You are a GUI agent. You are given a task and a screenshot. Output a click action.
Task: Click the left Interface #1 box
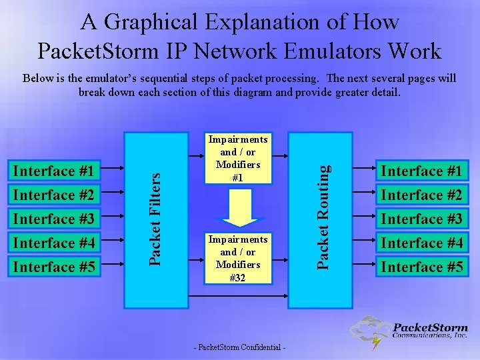point(54,171)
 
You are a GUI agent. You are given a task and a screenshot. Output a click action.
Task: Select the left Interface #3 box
point(54,219)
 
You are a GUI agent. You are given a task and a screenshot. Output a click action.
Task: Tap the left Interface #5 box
point(54,267)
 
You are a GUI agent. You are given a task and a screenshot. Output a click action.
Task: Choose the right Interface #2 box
point(421,195)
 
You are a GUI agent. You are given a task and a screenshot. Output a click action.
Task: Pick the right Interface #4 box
point(421,243)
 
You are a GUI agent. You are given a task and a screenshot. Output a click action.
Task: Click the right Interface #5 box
point(421,267)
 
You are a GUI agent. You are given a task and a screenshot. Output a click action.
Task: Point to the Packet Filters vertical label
point(155,218)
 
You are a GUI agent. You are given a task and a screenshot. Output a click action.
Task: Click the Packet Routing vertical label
point(323,218)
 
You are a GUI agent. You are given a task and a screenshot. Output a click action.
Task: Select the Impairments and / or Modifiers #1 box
point(238,159)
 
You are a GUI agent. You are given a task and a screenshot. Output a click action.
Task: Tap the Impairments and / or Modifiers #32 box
point(238,259)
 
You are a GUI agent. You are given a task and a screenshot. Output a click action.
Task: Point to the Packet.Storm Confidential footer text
point(239,348)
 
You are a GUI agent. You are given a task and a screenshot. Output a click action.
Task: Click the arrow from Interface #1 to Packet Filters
point(114,171)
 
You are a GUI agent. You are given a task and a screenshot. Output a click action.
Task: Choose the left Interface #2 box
point(54,195)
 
